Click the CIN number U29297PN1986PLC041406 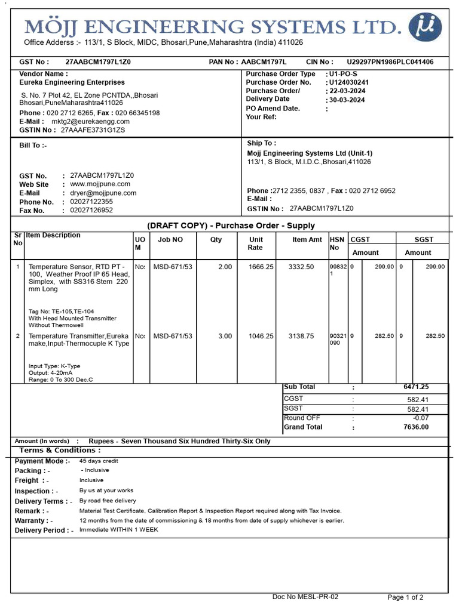point(390,62)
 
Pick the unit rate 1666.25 point(261,267)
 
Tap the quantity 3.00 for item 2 point(225,336)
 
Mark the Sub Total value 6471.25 point(416,387)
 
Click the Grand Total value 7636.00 point(416,427)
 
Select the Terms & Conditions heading point(60,450)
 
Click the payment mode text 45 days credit point(99,461)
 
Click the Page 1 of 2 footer point(406,597)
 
